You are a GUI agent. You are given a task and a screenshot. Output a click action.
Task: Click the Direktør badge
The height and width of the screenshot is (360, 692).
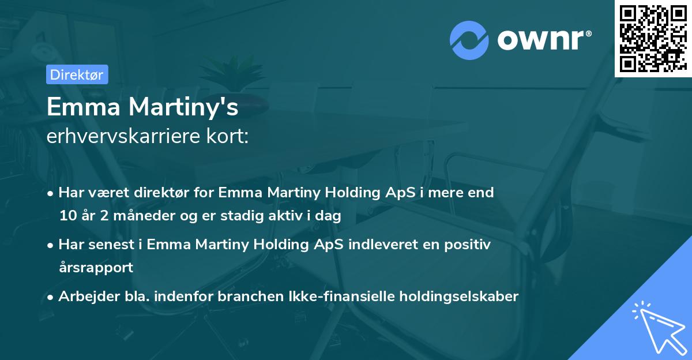pyautogui.click(x=77, y=74)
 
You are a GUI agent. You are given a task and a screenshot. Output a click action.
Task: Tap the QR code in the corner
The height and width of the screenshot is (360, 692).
pyautogui.click(x=653, y=39)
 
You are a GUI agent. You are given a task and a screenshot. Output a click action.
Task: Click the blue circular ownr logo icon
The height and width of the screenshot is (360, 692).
pyautogui.click(x=470, y=40)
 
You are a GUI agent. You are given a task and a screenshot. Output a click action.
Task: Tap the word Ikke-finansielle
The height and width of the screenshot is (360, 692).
pyautogui.click(x=341, y=297)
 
